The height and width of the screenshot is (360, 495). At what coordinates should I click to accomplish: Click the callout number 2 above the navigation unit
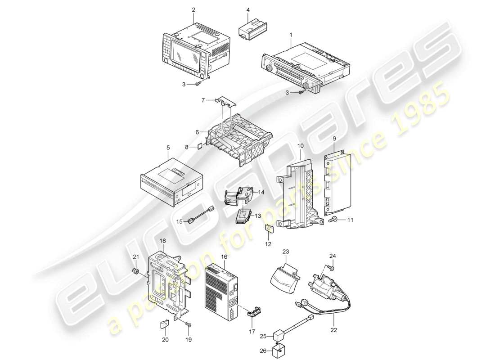pos(193,9)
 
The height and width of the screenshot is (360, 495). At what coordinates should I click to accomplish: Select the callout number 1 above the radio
pos(291,35)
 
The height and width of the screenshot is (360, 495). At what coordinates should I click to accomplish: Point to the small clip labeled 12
pos(269,228)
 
